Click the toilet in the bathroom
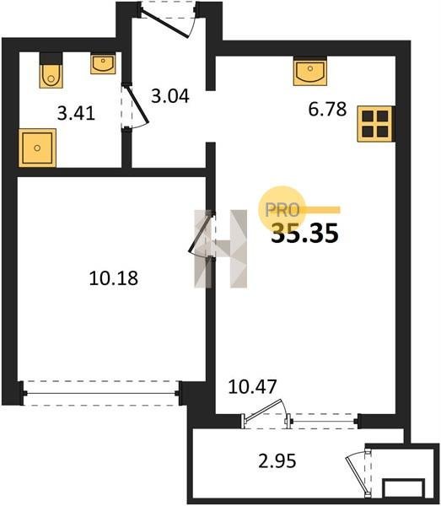[x=51, y=71]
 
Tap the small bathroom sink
[x=103, y=64]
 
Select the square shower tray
[x=37, y=148]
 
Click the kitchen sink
[x=310, y=71]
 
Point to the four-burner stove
[x=376, y=124]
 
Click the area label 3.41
[x=76, y=113]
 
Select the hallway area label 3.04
[x=170, y=96]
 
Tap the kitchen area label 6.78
[x=327, y=109]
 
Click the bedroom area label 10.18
[x=114, y=277]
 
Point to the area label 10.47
[x=253, y=386]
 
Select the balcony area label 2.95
[x=277, y=460]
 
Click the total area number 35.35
[x=305, y=233]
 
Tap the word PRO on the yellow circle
[x=282, y=210]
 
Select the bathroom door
[x=134, y=107]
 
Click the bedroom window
[x=101, y=393]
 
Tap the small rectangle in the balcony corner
[x=403, y=488]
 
